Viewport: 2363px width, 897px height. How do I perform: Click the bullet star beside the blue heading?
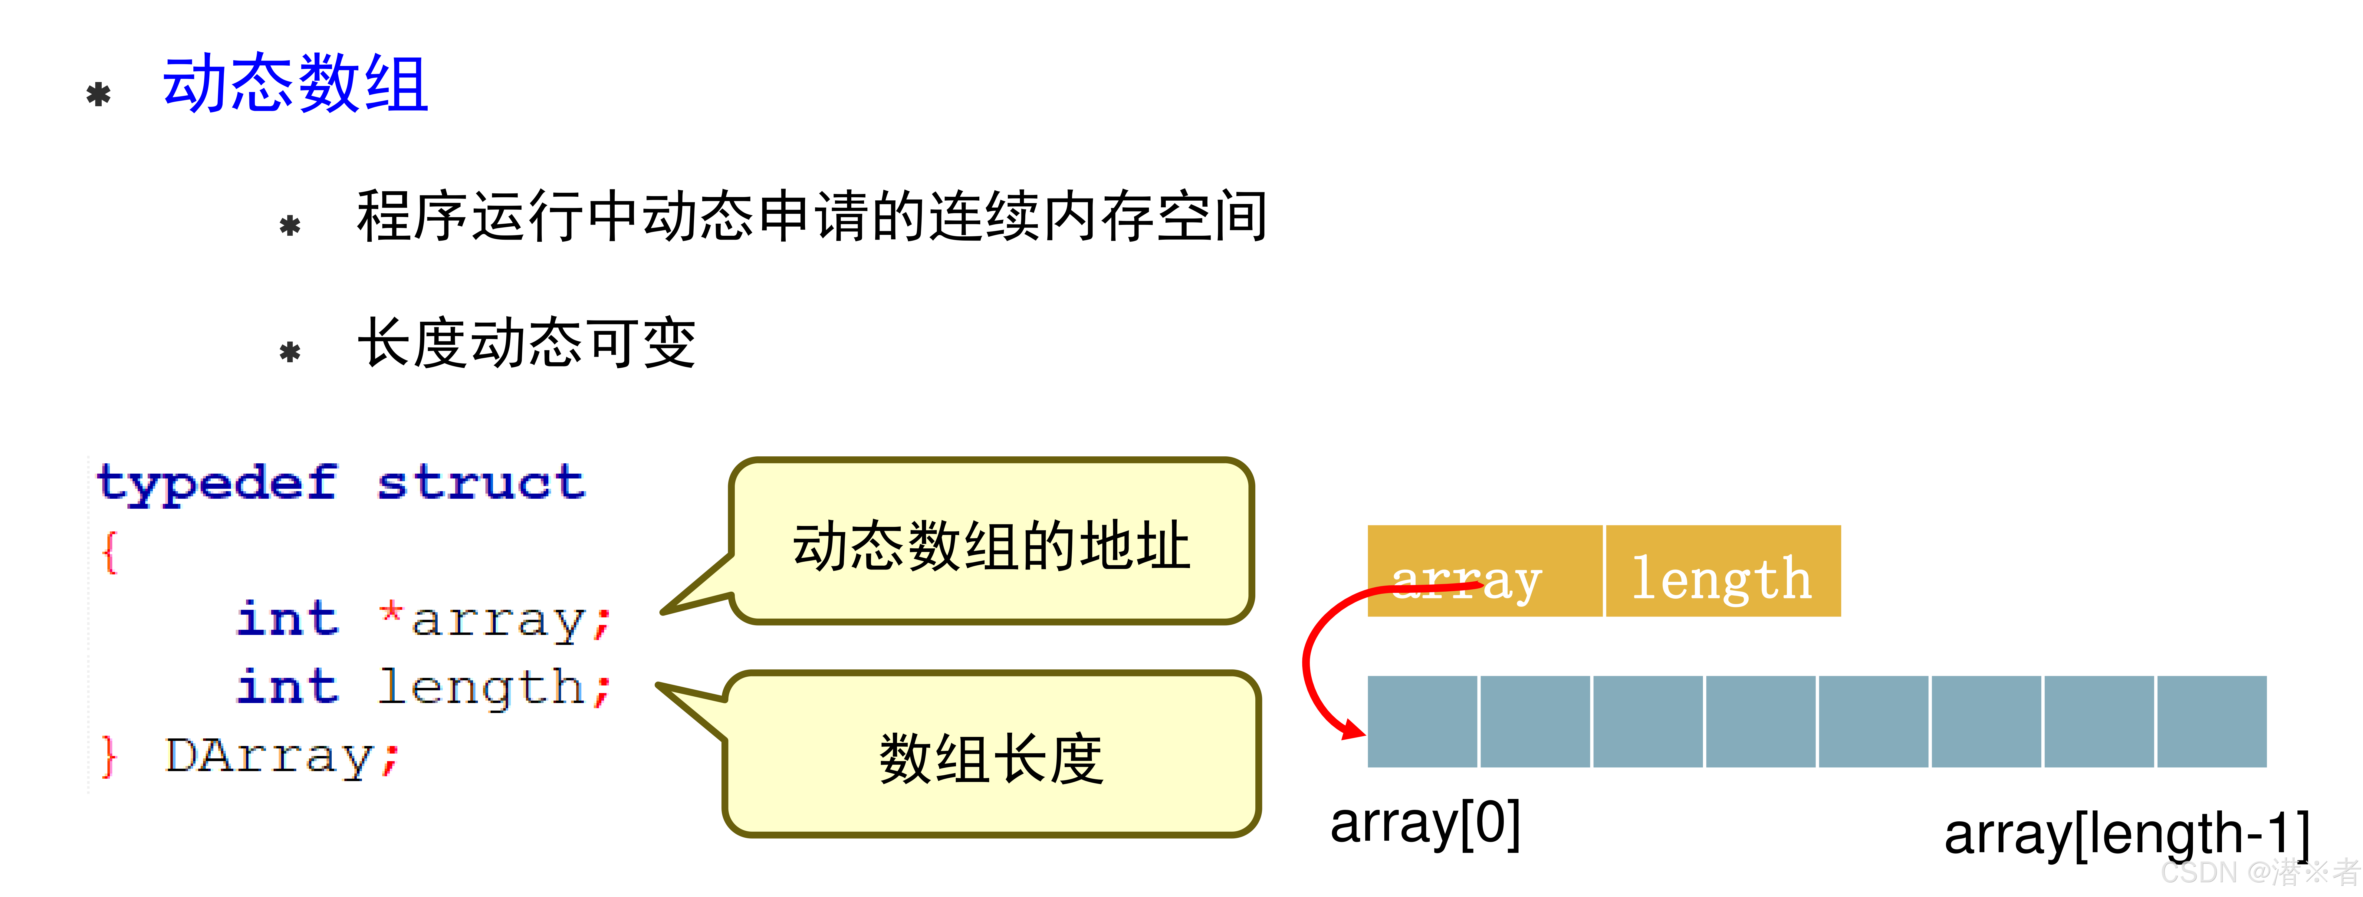[98, 94]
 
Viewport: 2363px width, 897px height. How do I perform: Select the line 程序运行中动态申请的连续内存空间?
[812, 216]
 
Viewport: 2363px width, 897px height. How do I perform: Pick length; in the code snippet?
[494, 688]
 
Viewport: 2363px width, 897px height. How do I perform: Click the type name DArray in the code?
[269, 757]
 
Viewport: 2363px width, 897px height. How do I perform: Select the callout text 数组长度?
[991, 759]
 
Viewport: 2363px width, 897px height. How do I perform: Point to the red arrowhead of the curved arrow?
[1353, 730]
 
